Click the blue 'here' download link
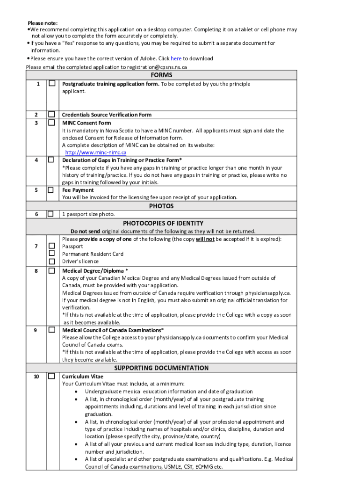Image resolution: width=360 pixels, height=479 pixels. pyautogui.click(x=176, y=58)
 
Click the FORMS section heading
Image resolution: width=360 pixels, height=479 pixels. pyautogui.click(x=161, y=75)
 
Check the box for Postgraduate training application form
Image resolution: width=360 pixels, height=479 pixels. pyautogui.click(x=52, y=84)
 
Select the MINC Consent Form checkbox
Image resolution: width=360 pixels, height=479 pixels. pyautogui.click(x=52, y=123)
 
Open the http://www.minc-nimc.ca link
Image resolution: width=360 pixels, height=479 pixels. pyautogui.click(x=96, y=152)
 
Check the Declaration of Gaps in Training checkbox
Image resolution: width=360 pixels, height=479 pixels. pyautogui.click(x=52, y=160)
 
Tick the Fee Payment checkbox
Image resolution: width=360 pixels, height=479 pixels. pyautogui.click(x=52, y=190)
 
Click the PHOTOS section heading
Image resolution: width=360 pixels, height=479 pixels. pyautogui.click(x=161, y=206)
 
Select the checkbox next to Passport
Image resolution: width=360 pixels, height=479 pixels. pyautogui.click(x=52, y=246)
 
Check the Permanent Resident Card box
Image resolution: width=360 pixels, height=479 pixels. pyautogui.click(x=52, y=254)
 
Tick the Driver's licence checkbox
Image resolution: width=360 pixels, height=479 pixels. pyautogui.click(x=52, y=261)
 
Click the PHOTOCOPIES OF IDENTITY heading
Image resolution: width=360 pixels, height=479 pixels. pyautogui.click(x=163, y=223)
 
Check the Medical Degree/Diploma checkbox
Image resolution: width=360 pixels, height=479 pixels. pyautogui.click(x=52, y=270)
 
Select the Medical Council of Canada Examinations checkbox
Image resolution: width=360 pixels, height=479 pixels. pyautogui.click(x=52, y=330)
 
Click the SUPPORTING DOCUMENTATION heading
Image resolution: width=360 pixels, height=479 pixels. pyautogui.click(x=161, y=368)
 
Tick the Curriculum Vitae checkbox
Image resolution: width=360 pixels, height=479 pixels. pyautogui.click(x=52, y=376)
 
